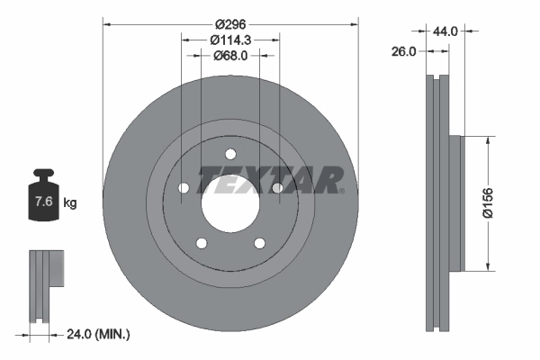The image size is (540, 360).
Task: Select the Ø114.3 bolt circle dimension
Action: (x=229, y=39)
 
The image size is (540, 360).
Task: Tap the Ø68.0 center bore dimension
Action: (x=229, y=55)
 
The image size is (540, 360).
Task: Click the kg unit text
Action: (x=70, y=203)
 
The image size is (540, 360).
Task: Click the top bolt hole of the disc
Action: (x=229, y=153)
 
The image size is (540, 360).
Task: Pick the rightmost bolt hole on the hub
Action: (x=277, y=187)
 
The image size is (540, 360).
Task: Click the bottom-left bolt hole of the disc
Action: (x=200, y=243)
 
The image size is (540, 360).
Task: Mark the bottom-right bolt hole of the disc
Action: (x=259, y=243)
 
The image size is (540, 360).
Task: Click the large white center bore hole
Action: (x=229, y=203)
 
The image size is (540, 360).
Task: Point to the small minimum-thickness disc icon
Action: (x=47, y=283)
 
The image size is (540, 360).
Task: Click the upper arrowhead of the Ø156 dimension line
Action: (x=488, y=140)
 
